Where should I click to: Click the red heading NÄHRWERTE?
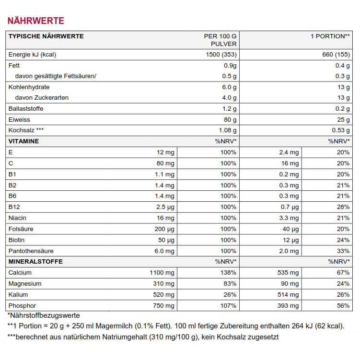click(35, 21)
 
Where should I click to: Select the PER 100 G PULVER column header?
click(220, 40)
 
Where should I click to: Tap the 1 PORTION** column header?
click(330, 36)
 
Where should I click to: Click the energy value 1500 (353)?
click(221, 54)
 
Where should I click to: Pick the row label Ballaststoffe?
click(26, 109)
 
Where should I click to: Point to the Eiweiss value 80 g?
click(229, 119)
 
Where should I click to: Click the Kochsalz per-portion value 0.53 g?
click(340, 130)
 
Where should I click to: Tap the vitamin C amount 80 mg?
click(165, 163)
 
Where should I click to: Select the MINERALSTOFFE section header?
click(35, 262)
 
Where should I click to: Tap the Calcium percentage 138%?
click(228, 273)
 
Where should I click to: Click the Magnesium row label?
click(25, 284)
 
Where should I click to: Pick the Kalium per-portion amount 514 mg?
click(288, 295)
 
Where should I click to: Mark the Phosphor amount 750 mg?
click(163, 306)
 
